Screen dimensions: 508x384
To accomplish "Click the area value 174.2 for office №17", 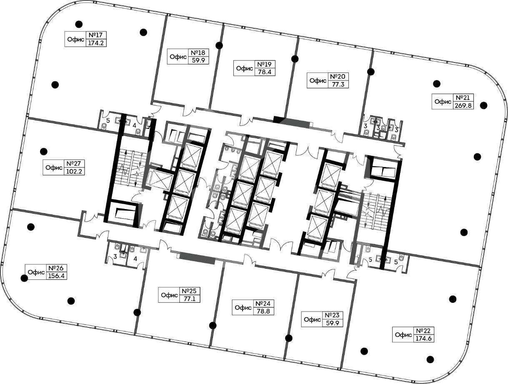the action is click(96, 43).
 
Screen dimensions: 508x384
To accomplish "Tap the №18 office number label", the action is click(198, 52).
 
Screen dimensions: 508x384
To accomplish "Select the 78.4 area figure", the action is click(265, 72).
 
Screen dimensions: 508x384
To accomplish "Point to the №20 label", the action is click(338, 76).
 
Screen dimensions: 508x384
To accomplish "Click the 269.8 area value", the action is click(463, 105).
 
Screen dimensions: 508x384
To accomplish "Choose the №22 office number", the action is click(423, 331).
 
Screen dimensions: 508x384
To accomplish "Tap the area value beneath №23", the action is click(333, 323).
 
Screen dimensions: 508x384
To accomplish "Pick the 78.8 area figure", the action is click(263, 311).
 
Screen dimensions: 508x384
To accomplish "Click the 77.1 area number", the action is click(190, 299).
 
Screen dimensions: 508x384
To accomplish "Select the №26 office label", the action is click(56, 268).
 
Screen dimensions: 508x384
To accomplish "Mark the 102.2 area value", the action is click(74, 171).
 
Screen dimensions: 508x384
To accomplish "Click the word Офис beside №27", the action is click(54, 167).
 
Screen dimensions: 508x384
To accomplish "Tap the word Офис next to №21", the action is click(443, 102).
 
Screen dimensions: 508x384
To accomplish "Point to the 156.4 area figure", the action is click(56, 276).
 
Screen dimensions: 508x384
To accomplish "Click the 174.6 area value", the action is click(423, 339).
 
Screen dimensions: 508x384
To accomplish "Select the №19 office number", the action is click(265, 64).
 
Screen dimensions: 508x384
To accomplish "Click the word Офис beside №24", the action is click(243, 307).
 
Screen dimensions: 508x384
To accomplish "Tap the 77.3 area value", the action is click(338, 84).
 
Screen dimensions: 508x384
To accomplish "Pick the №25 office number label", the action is click(189, 291).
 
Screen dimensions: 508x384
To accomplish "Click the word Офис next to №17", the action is click(76, 39).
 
